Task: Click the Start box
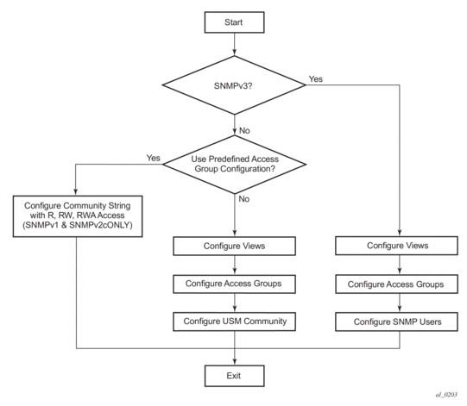tap(234, 22)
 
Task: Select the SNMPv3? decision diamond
tap(234, 85)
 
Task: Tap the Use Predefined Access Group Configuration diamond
tap(235, 164)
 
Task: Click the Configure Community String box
tap(78, 216)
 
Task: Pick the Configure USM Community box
tap(235, 322)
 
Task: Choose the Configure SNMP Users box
tap(397, 322)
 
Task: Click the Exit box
tap(234, 376)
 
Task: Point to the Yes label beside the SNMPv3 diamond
tap(316, 78)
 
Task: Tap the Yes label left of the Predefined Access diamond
tap(153, 158)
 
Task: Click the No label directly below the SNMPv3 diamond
tap(244, 130)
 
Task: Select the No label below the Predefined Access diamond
tap(244, 199)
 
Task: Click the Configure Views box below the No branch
tap(235, 246)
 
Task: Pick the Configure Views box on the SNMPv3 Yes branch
tap(397, 246)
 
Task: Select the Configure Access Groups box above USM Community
tap(235, 284)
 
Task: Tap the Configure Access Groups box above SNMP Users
tap(397, 284)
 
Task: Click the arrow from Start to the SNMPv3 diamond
tap(235, 44)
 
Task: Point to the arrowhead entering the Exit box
tap(235, 362)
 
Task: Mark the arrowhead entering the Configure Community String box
tap(75, 192)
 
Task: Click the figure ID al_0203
tap(446, 395)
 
